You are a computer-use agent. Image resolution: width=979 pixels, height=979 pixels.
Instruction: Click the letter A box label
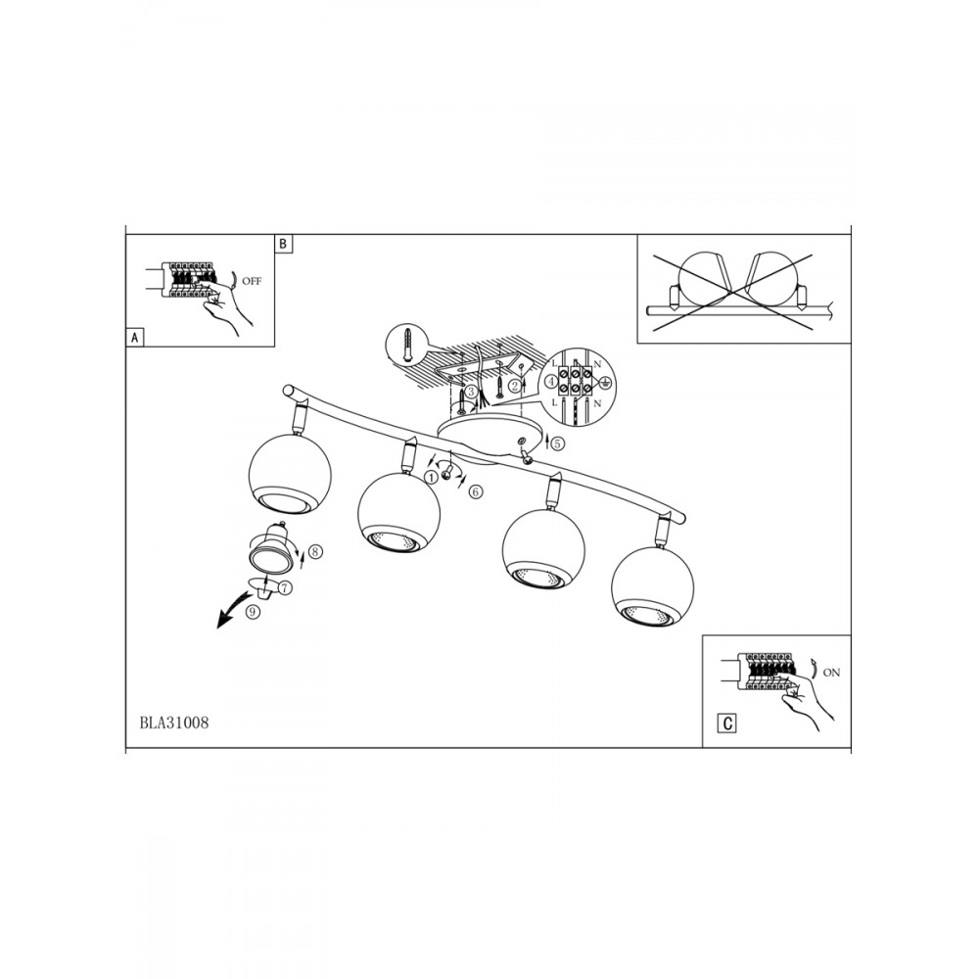(133, 338)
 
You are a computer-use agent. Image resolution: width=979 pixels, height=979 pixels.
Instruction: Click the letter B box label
(283, 243)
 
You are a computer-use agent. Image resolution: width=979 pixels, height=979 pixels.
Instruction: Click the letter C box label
(727, 723)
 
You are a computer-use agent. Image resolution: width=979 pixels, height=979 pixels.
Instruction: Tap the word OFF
(252, 281)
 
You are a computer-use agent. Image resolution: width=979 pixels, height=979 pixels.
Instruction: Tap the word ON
(831, 673)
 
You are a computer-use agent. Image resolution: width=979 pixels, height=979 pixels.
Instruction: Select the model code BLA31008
(174, 723)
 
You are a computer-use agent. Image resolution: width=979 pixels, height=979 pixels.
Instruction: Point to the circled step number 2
(515, 387)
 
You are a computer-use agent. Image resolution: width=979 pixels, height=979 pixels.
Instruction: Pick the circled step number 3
(472, 392)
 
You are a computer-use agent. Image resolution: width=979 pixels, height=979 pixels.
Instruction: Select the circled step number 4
(550, 382)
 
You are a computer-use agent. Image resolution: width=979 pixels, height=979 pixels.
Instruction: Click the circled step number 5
(558, 443)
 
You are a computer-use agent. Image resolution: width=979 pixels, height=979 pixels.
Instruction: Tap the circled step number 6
(475, 492)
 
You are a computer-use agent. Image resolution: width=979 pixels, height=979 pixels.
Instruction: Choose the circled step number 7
(285, 587)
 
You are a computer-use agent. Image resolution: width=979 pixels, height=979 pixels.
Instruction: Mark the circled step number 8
(314, 551)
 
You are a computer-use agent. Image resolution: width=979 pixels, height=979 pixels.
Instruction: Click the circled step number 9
(253, 613)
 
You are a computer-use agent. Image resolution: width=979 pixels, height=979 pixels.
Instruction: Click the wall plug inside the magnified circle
(408, 343)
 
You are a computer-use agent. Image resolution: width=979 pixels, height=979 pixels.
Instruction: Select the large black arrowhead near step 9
(223, 621)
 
